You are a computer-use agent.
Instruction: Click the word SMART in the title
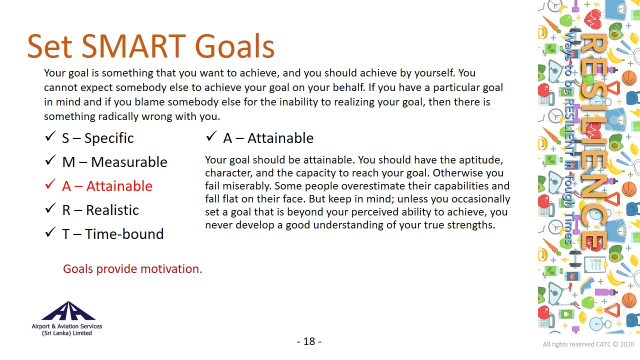point(133,46)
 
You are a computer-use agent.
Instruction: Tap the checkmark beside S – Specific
point(50,136)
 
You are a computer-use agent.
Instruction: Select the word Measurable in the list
point(129,162)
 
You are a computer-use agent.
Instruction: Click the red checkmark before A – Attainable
point(50,184)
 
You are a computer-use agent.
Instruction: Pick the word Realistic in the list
point(112,210)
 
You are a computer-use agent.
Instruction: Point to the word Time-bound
point(124,234)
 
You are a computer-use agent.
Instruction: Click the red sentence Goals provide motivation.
point(132,269)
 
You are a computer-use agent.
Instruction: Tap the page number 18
point(309,341)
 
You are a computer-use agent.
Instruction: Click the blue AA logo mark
point(68,311)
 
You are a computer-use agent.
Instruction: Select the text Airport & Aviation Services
point(67,326)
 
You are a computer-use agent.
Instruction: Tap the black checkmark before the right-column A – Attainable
point(211,136)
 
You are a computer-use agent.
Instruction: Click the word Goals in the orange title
point(234,46)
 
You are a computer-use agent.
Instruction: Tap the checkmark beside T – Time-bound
point(50,232)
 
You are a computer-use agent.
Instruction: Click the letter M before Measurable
point(68,162)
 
